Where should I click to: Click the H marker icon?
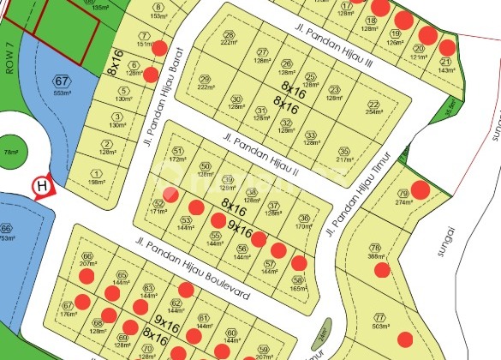(x=41, y=185)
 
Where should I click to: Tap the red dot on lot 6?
(x=151, y=75)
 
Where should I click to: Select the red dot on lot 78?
(x=382, y=270)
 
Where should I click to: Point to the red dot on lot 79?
(x=420, y=189)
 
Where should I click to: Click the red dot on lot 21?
(x=447, y=46)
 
